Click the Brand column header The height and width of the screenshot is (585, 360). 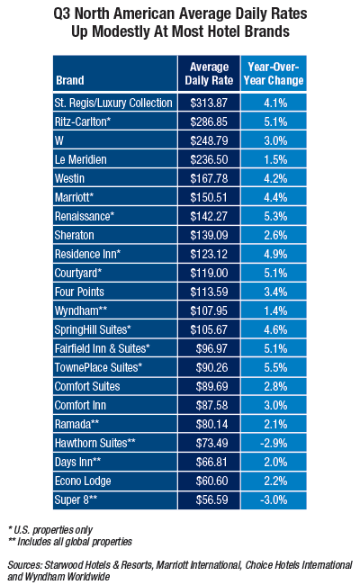tap(70, 80)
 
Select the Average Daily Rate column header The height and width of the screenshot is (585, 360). tap(209, 74)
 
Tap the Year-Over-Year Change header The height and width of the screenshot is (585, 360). tap(274, 74)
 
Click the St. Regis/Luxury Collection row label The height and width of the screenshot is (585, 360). tap(113, 103)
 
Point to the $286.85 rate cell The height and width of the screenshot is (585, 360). tap(209, 121)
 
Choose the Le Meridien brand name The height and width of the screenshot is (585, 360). tap(81, 159)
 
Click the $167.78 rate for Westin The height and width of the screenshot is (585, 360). tap(209, 178)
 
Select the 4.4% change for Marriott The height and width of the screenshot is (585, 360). tap(275, 197)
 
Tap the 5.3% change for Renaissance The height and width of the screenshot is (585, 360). tap(275, 216)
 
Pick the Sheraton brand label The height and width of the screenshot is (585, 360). tap(74, 235)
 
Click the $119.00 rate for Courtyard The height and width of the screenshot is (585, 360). tap(209, 273)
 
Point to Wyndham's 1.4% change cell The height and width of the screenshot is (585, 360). tap(275, 310)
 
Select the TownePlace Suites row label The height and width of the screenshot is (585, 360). tap(98, 367)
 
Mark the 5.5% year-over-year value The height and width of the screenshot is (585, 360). tap(275, 367)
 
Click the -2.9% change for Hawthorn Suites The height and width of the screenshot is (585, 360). tap(274, 443)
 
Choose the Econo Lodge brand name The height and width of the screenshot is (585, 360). tap(83, 481)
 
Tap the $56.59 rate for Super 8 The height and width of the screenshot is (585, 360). tap(211, 499)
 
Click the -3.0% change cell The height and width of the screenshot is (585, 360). tap(274, 499)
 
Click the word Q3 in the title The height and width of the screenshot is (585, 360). tap(62, 13)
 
